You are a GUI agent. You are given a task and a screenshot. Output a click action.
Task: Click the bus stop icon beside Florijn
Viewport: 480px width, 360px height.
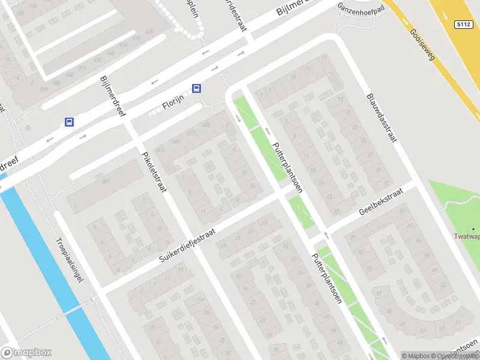click(196, 88)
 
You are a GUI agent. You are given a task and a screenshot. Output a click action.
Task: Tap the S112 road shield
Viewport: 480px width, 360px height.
click(463, 25)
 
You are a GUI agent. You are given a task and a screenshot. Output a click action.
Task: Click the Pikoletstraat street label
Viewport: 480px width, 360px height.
click(153, 171)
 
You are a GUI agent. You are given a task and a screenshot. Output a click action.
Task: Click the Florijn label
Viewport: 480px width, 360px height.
click(173, 106)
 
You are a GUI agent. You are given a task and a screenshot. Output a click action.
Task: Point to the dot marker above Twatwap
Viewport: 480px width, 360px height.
click(473, 229)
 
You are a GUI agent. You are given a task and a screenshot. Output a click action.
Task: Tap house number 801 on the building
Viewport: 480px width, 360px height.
click(106, 181)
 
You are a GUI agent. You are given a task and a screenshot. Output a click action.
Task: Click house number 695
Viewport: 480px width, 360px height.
click(206, 125)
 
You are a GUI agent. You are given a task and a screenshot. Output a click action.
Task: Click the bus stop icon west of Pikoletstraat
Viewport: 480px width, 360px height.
click(69, 122)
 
